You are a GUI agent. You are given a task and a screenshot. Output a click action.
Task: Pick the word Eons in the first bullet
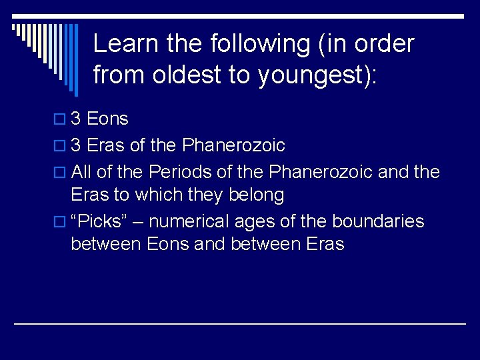(x=108, y=119)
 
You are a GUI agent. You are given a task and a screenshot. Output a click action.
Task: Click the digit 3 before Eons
(x=76, y=119)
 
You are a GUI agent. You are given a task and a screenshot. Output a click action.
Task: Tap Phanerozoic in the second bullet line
(x=233, y=145)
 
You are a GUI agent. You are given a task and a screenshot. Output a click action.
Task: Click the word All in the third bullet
(x=81, y=172)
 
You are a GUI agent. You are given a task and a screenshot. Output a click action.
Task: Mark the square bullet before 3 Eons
(x=61, y=120)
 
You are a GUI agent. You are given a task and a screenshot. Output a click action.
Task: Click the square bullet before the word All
(x=61, y=173)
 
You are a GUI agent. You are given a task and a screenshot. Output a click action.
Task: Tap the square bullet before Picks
(x=61, y=222)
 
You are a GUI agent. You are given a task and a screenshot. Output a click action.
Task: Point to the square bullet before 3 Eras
(x=61, y=146)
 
